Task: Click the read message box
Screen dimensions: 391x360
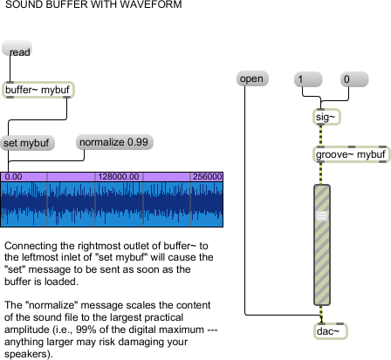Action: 17,48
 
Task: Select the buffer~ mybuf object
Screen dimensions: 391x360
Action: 38,90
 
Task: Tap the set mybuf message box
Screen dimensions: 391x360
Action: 27,143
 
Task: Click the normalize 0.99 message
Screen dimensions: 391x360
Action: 114,142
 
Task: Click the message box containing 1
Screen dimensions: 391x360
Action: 308,79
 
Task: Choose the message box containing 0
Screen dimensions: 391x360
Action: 354,79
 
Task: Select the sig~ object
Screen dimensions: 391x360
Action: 326,117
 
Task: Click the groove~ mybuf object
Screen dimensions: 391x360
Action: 351,154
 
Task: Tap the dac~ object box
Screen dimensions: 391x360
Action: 331,331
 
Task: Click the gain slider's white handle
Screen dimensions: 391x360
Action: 321,215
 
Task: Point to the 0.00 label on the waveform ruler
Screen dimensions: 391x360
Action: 13,177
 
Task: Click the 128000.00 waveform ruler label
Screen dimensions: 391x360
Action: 119,177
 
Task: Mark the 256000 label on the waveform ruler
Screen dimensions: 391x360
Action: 207,177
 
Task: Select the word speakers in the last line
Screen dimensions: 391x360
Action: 25,354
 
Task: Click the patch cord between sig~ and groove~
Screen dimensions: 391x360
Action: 321,136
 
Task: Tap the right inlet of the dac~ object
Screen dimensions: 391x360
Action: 340,323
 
